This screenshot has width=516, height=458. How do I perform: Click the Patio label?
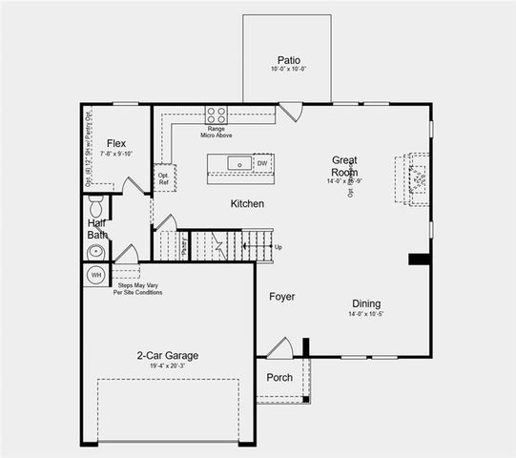click(x=288, y=58)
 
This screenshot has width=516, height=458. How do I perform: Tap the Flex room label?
click(x=116, y=143)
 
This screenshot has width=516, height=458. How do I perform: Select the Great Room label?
click(x=344, y=166)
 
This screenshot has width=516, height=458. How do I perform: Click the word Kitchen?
click(x=247, y=204)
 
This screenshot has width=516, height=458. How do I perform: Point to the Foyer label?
click(x=281, y=297)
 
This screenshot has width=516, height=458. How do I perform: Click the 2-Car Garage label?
click(x=167, y=355)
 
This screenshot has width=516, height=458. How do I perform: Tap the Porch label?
click(x=279, y=377)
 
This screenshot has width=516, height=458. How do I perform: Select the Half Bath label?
click(x=95, y=230)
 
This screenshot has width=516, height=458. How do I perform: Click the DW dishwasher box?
click(x=262, y=163)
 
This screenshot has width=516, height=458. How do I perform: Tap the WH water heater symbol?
click(x=95, y=275)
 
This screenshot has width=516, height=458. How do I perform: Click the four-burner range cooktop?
click(x=216, y=114)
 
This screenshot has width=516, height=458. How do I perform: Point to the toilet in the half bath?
click(x=95, y=205)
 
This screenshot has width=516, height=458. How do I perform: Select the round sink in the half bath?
click(x=94, y=252)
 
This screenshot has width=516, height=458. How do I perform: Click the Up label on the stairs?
click(x=279, y=247)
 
